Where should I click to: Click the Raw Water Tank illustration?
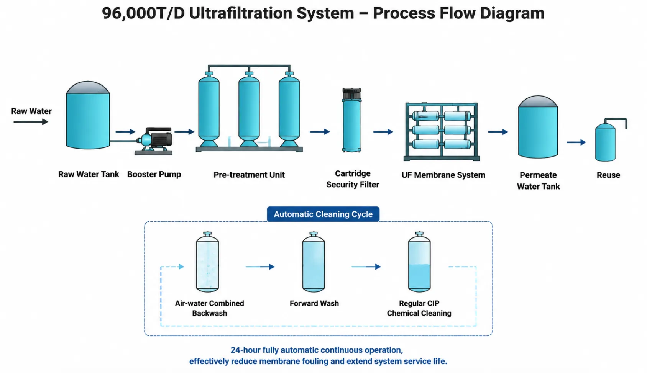[x=88, y=115]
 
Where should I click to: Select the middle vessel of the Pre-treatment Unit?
[x=249, y=109]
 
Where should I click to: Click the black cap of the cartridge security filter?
[x=351, y=94]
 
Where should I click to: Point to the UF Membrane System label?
[x=443, y=175]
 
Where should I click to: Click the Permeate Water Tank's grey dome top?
[x=538, y=101]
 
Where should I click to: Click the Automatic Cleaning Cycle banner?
[x=323, y=214]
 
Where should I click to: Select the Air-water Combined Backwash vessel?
[x=207, y=262]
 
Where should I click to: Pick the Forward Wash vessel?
[x=314, y=262]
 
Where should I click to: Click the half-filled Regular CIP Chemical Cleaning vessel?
[x=419, y=262]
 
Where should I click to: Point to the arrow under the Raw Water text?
[x=31, y=122]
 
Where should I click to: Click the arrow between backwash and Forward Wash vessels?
[x=260, y=267]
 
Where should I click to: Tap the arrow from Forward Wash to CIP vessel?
[x=366, y=267]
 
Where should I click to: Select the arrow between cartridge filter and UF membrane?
[x=383, y=132]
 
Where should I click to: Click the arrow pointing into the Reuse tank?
[x=576, y=142]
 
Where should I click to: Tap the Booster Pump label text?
[x=154, y=174]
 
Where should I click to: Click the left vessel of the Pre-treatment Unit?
[x=209, y=109]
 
